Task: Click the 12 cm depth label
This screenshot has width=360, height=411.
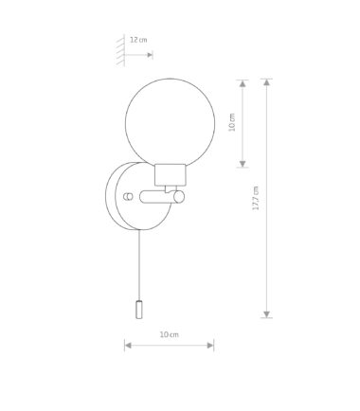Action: pyautogui.click(x=138, y=40)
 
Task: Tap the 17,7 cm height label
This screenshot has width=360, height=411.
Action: pyautogui.click(x=256, y=198)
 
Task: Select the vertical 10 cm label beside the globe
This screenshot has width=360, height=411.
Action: pyautogui.click(x=232, y=122)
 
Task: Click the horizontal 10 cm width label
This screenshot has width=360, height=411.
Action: pyautogui.click(x=169, y=334)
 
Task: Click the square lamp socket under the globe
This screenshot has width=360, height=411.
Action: pyautogui.click(x=170, y=174)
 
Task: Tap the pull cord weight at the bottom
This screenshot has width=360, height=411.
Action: pyautogui.click(x=138, y=310)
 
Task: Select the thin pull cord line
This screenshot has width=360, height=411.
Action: pyautogui.click(x=139, y=265)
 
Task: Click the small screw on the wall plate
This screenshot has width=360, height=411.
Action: pyautogui.click(x=128, y=196)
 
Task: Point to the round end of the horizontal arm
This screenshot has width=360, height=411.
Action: pyautogui.click(x=179, y=197)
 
